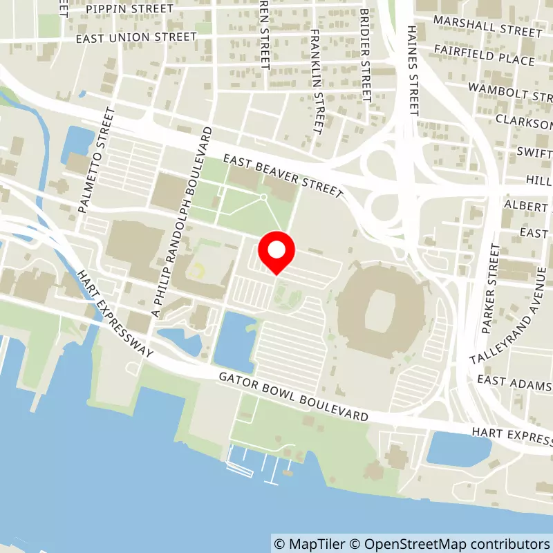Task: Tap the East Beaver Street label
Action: point(283,176)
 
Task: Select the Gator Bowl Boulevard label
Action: point(293,399)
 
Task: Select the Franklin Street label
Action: point(317,81)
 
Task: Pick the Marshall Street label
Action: point(487,26)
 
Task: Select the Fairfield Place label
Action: point(485,55)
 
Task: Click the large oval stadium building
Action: point(382,309)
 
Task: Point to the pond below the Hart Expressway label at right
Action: point(458,449)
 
